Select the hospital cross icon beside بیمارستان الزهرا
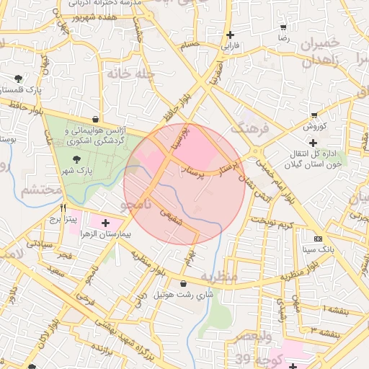pyautogui.click(x=106, y=223)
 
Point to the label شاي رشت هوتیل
pyautogui.click(x=185, y=294)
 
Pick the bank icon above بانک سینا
pyautogui.click(x=318, y=239)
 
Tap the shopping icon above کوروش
pyautogui.click(x=314, y=115)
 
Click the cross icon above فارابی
pyautogui.click(x=230, y=35)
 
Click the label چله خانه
pyautogui.click(x=130, y=74)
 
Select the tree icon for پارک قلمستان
pyautogui.click(x=18, y=79)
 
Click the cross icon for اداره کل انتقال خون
pyautogui.click(x=312, y=152)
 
